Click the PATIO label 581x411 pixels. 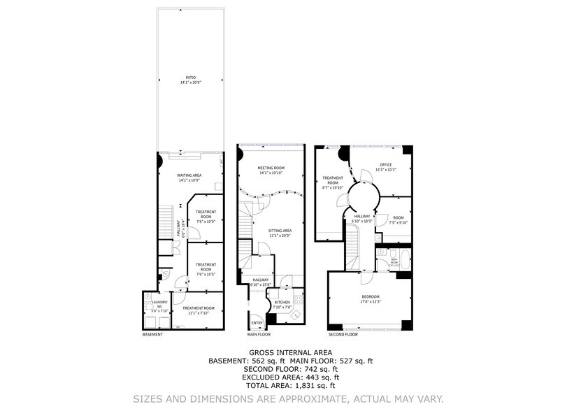click(190, 78)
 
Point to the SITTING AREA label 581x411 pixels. click(280, 230)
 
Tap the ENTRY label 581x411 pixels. click(257, 322)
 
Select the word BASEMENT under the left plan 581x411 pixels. click(152, 334)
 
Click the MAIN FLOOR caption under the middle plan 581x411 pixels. click(259, 334)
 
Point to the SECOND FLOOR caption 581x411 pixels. click(343, 334)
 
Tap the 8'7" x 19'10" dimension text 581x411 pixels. click(332, 188)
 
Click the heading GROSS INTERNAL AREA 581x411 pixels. click(290, 352)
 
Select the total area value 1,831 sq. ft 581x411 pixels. click(312, 384)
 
